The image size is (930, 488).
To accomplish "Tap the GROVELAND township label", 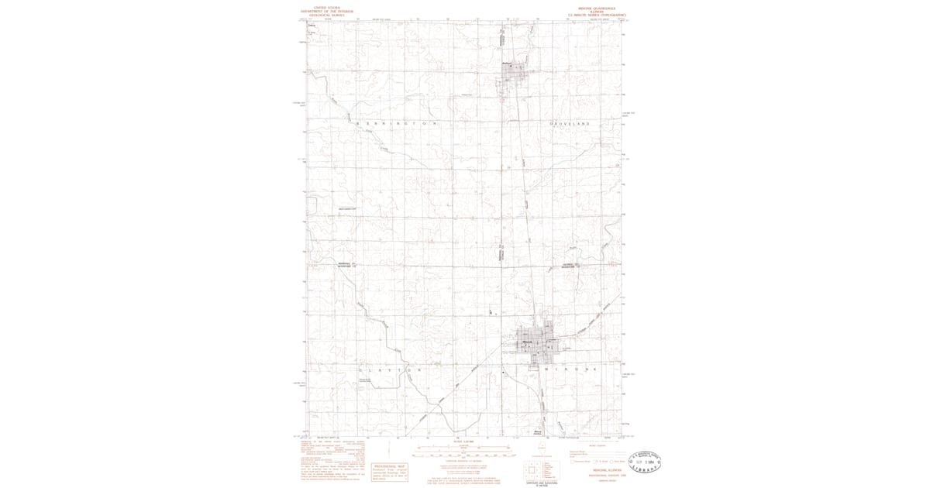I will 570,124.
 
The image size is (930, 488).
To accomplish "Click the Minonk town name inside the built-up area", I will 528,342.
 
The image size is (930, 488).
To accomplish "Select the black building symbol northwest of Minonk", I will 491,311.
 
